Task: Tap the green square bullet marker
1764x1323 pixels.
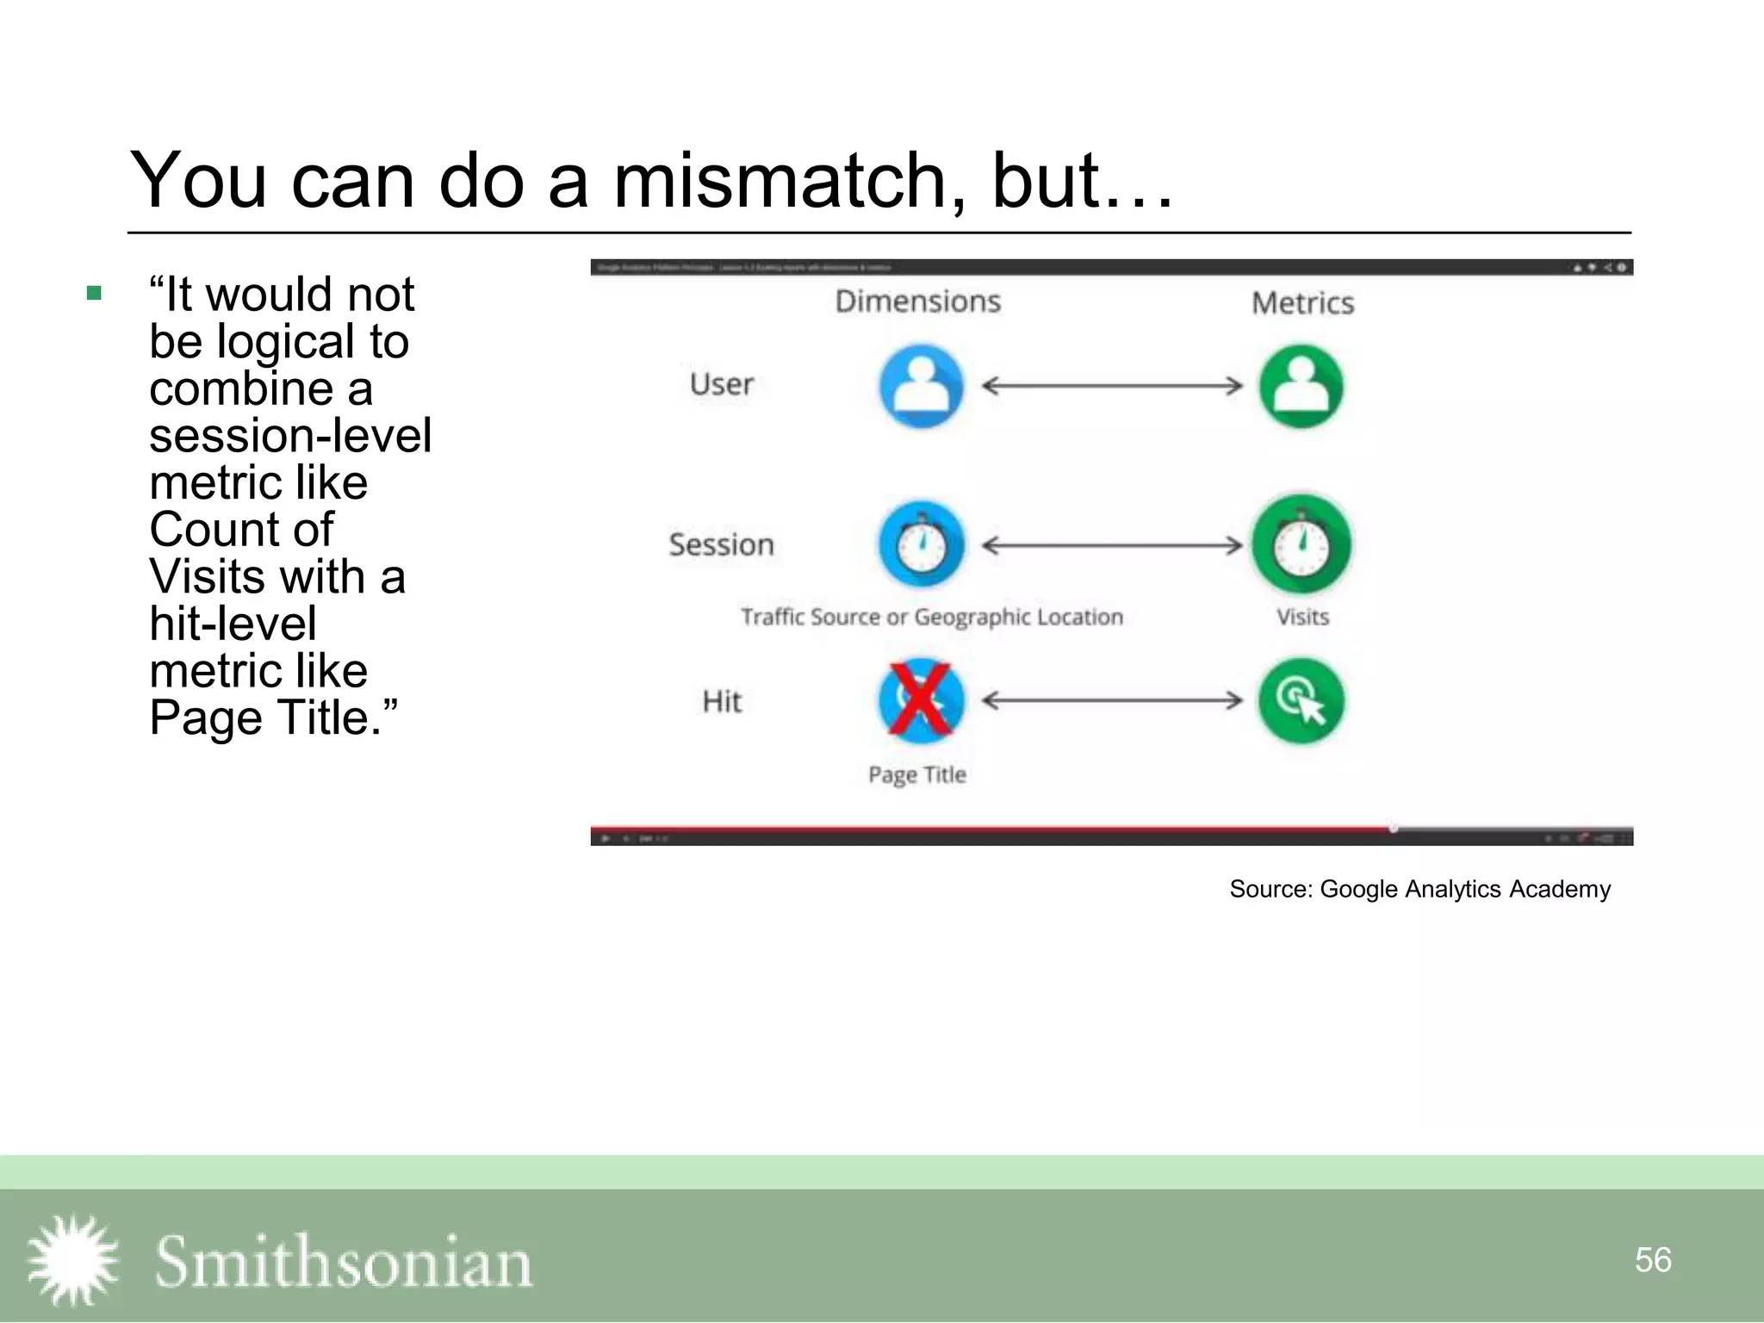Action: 95,294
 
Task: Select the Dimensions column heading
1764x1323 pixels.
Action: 918,301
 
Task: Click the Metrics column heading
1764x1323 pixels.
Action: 1302,303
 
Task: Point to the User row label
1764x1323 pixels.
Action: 722,384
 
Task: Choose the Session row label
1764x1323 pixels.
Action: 722,545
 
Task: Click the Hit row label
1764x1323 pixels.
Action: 722,702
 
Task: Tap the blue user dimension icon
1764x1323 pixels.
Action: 921,387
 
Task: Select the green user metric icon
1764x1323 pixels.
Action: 1301,387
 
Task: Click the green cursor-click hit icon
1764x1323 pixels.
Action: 1301,700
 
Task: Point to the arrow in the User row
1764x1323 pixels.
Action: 1112,386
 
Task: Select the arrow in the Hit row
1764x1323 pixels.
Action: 1112,700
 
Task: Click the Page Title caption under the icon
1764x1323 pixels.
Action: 917,774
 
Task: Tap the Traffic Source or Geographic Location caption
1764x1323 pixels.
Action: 932,617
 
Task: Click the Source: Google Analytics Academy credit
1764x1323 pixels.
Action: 1419,889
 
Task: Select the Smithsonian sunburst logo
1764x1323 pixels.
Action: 72,1259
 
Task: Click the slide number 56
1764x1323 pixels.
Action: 1653,1259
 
